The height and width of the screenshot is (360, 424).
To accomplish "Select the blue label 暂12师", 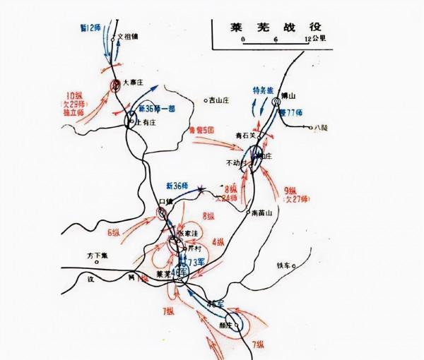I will [90, 26].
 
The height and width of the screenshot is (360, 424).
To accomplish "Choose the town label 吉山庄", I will [220, 100].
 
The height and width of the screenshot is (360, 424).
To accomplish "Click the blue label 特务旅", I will [264, 90].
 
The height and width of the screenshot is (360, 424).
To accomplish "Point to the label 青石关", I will [245, 135].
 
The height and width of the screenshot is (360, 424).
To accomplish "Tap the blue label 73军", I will [193, 262].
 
